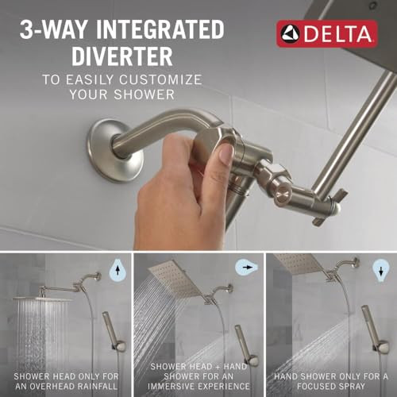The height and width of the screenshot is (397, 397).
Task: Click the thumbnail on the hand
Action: click(225, 153)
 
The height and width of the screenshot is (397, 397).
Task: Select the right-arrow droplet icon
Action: click(250, 268)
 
